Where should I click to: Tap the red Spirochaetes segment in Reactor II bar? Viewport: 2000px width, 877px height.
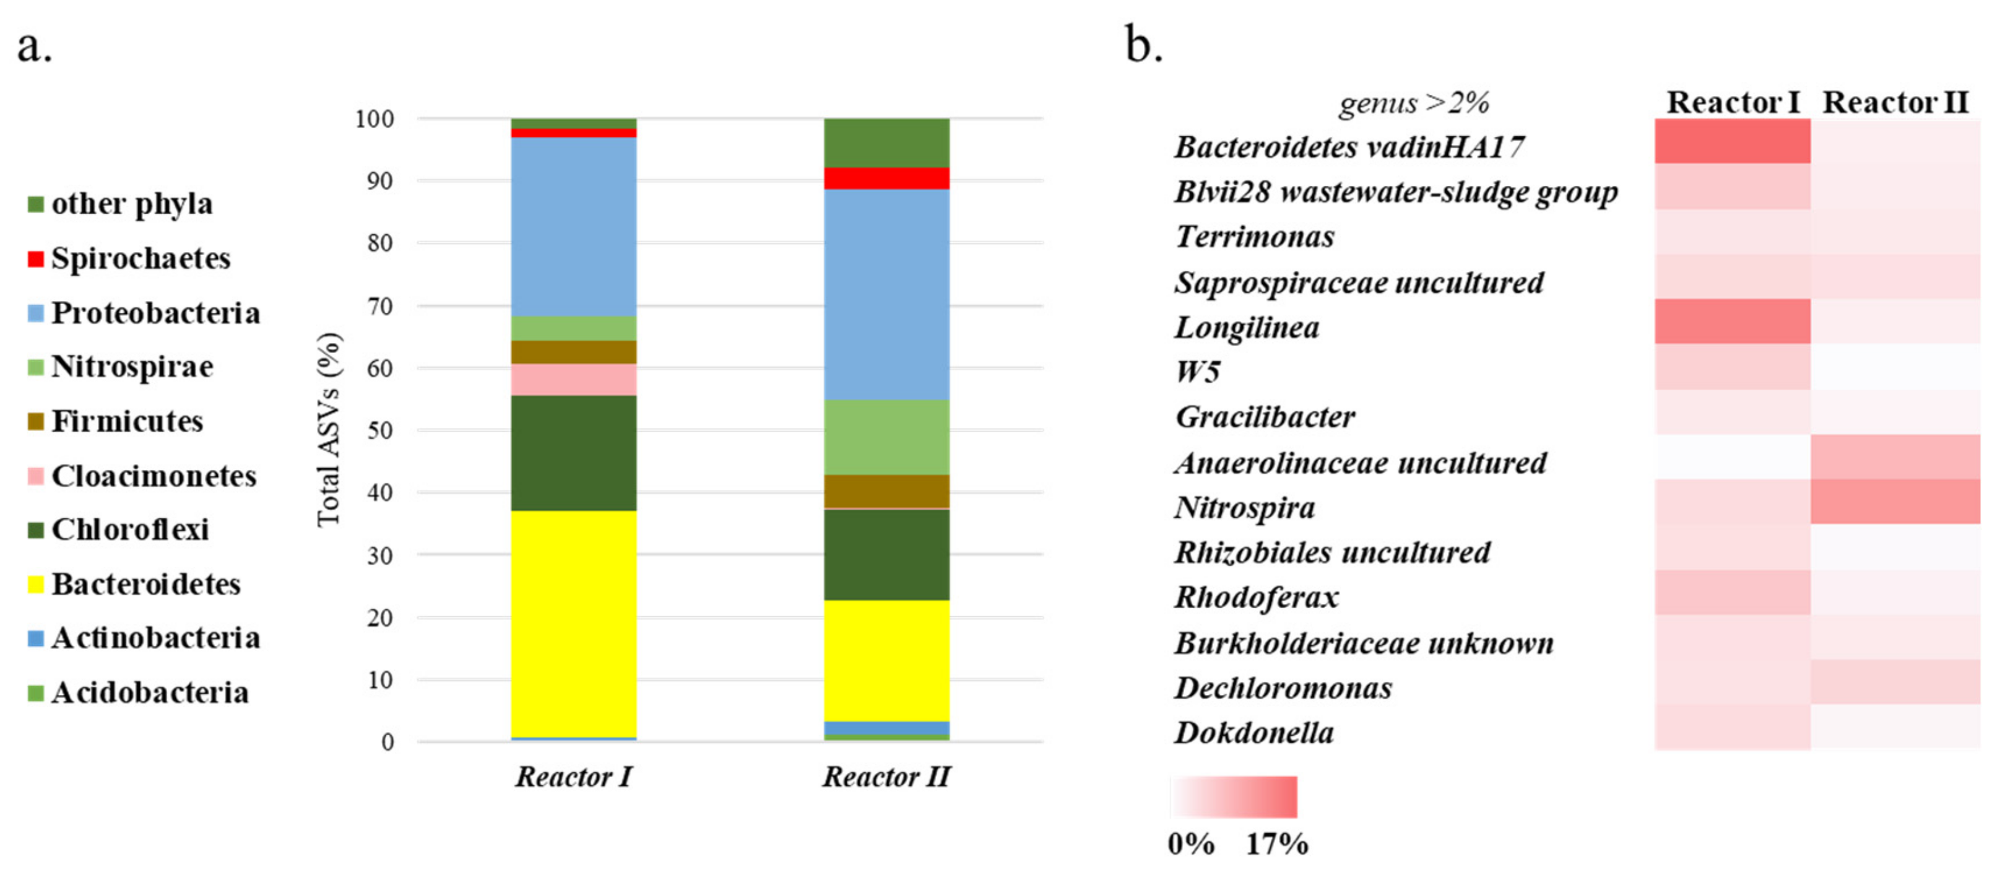(886, 178)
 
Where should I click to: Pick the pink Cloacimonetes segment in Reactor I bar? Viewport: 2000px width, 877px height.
(574, 379)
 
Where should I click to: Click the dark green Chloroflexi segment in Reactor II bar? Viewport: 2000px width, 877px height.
(886, 554)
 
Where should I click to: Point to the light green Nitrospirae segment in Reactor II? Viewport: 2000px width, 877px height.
(886, 437)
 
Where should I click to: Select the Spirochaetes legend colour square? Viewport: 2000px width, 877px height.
(35, 259)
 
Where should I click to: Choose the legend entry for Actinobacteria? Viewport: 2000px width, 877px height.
(155, 638)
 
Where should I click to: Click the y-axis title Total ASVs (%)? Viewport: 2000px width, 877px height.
(329, 430)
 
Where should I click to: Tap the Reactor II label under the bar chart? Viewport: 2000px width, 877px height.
(886, 776)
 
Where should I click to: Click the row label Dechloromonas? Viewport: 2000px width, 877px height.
(1283, 688)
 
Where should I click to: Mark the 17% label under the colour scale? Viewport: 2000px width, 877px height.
(1276, 844)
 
